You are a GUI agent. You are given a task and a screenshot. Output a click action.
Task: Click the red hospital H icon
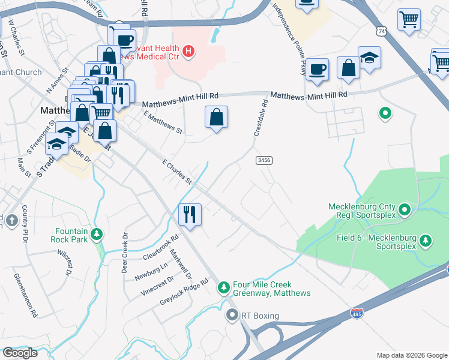click(x=188, y=52)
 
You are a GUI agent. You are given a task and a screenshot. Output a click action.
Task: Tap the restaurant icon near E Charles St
click(x=191, y=214)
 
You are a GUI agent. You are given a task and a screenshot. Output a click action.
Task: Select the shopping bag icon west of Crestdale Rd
click(x=216, y=117)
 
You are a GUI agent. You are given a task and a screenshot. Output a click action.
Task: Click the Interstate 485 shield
click(x=357, y=314)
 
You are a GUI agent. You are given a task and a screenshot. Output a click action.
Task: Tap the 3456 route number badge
click(x=264, y=160)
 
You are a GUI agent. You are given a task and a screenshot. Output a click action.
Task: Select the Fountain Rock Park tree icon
click(x=97, y=235)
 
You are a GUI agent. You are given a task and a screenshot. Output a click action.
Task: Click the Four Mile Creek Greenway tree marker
click(x=224, y=288)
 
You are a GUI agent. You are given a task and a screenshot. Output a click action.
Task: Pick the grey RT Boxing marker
click(x=232, y=315)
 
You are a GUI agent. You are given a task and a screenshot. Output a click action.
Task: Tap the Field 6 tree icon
click(x=426, y=240)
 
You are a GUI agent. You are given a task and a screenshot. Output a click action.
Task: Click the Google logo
click(x=20, y=353)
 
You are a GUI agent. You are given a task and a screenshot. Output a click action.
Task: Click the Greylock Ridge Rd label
click(x=184, y=292)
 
